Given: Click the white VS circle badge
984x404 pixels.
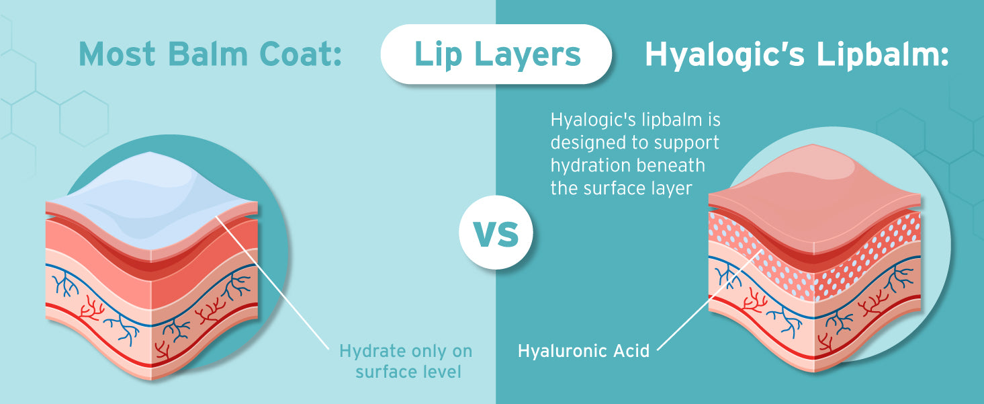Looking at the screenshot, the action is coord(496,232).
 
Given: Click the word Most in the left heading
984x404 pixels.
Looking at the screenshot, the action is coord(117,54).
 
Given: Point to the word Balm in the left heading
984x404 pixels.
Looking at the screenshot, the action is coord(208,54).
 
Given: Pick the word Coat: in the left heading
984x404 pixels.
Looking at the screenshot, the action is coord(300,54).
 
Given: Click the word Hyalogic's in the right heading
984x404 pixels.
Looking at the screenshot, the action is coord(725,56).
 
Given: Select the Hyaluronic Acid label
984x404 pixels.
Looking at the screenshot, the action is coord(584,351).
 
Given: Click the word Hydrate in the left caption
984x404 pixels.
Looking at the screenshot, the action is coord(372,352).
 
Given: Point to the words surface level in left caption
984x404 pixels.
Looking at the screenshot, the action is coord(408,372).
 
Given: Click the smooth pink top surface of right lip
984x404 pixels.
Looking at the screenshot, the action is coord(814,194).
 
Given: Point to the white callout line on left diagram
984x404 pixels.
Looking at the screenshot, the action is coord(272,283).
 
